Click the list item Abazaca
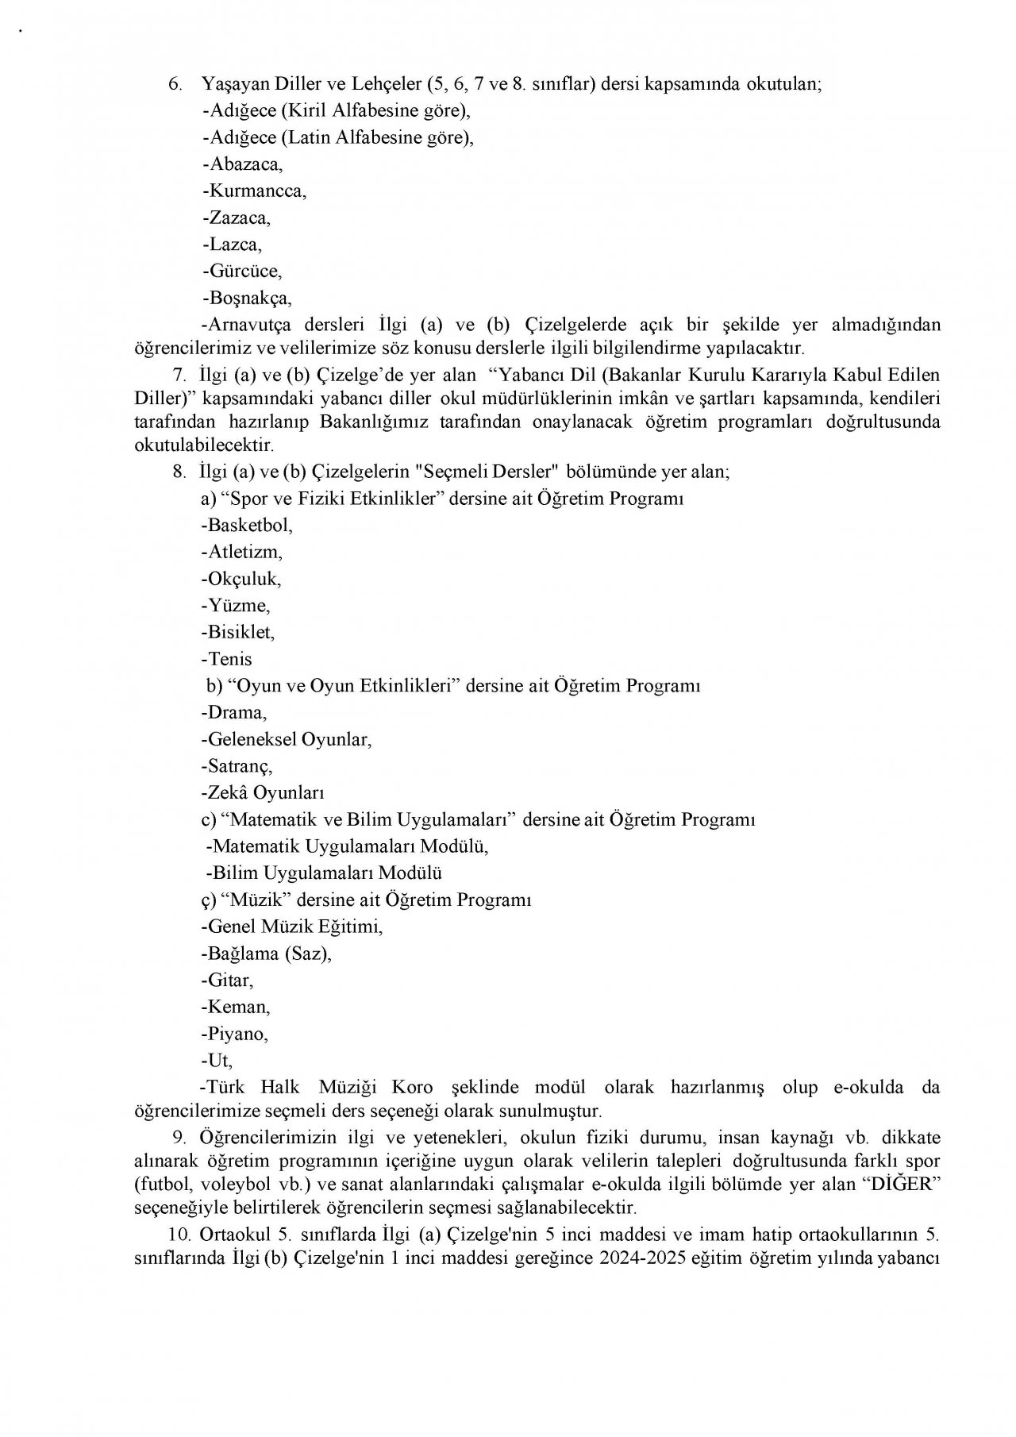tap(244, 164)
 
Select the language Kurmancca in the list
tap(256, 191)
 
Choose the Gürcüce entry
tap(244, 272)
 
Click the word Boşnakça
tap(248, 299)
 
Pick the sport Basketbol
tap(248, 526)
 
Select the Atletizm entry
tap(244, 552)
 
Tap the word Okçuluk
tap(243, 579)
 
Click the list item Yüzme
tap(237, 606)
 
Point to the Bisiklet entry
tap(241, 633)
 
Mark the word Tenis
tap(229, 659)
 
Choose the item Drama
tap(236, 713)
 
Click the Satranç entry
tap(239, 767)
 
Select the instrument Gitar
tap(229, 981)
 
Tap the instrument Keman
tap(237, 1007)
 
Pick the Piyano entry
tap(237, 1034)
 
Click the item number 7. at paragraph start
tap(179, 374)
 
